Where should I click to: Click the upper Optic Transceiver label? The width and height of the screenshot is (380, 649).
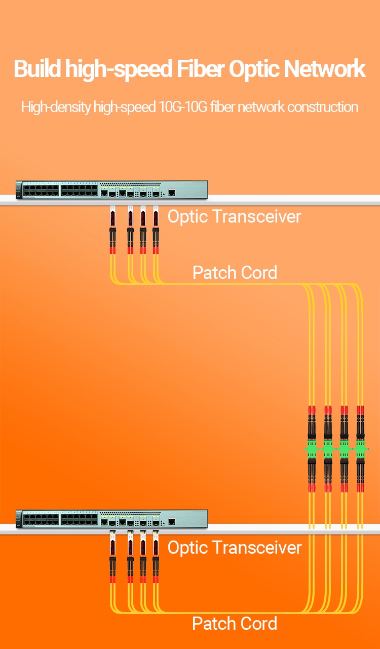point(234,217)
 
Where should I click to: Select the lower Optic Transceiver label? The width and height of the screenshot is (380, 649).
point(234,548)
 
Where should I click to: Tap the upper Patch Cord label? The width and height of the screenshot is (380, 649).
point(235,273)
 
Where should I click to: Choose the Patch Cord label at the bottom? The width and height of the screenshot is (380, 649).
point(235,624)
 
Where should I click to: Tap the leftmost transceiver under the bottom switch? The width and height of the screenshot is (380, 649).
point(112,548)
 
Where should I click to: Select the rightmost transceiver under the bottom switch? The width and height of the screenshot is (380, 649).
point(156,548)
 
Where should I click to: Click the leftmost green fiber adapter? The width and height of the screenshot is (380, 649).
point(312,450)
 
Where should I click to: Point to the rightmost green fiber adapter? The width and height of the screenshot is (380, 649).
point(360,450)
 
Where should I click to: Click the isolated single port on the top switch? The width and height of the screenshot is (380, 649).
point(172,192)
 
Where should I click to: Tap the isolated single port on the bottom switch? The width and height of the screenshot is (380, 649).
point(172,521)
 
